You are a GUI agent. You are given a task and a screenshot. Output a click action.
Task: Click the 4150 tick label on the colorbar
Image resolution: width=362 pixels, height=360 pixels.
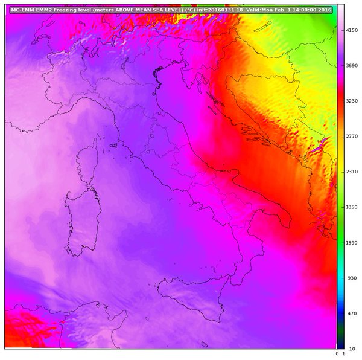click(x=352, y=30)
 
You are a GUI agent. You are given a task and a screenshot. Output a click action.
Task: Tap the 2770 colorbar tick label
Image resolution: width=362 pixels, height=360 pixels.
click(x=352, y=137)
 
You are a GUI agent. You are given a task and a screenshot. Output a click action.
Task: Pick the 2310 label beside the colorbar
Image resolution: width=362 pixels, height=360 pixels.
click(x=352, y=172)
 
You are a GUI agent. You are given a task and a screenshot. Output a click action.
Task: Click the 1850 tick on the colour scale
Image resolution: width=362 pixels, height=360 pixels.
click(x=352, y=207)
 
